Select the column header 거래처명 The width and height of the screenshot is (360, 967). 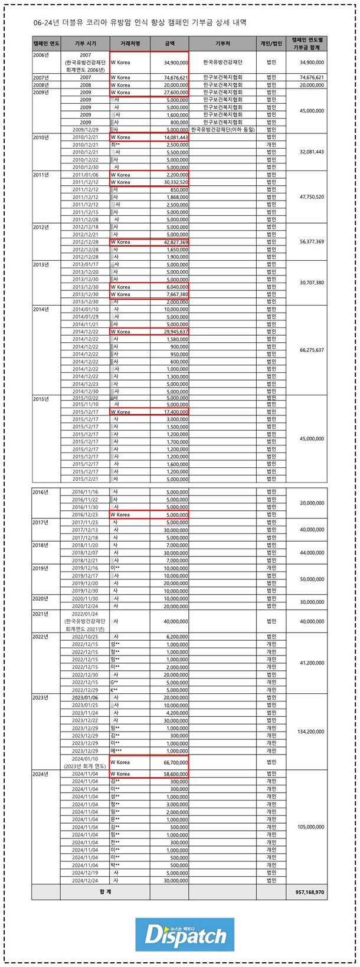[x=129, y=44]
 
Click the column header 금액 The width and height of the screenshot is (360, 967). [x=169, y=44]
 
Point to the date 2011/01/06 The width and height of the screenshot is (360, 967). [x=85, y=175]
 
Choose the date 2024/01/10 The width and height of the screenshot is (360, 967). [x=85, y=759]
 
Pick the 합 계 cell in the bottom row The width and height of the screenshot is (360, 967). [x=105, y=891]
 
